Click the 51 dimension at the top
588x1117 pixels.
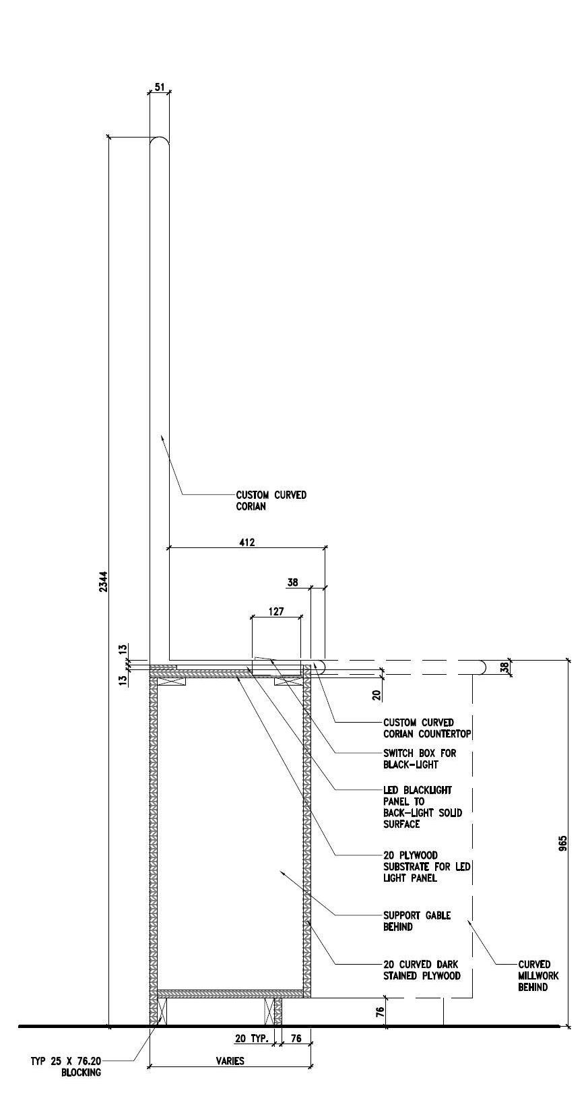pos(159,86)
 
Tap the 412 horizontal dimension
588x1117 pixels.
pos(247,541)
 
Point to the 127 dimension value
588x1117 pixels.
pos(275,611)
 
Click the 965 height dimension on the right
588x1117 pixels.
pos(563,843)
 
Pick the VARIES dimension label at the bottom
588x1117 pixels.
pos(230,1060)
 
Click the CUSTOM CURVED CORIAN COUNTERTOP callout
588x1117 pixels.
pos(427,728)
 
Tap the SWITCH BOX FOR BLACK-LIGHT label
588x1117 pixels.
pos(419,758)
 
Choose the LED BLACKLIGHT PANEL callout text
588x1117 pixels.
pos(422,806)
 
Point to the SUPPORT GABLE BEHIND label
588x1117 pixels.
pos(416,921)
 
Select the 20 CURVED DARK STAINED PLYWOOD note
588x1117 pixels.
pos(422,970)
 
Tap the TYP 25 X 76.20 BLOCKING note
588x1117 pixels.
pos(66,1066)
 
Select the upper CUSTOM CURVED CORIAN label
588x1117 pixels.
pos(271,500)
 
